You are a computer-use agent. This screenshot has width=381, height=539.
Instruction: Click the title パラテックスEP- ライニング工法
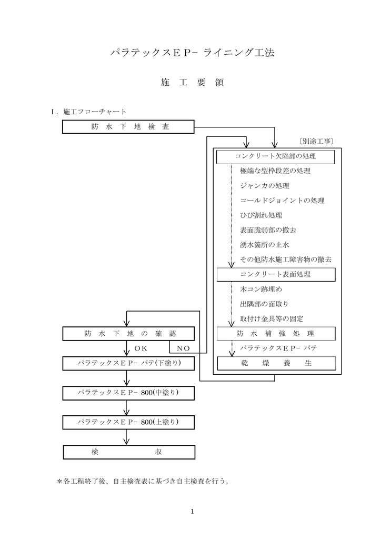coord(192,53)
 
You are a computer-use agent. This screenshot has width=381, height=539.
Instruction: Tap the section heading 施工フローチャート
coord(95,112)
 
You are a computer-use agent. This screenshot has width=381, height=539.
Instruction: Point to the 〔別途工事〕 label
coord(318,141)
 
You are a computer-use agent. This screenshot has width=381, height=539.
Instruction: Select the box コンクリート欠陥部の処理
coord(276,156)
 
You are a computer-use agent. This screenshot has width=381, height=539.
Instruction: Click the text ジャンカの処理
coord(264,186)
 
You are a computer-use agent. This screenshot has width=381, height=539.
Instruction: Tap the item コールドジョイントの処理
coord(282,201)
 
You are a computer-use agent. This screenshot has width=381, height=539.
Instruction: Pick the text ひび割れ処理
coord(261,215)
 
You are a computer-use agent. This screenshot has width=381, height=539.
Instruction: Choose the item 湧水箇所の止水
coord(264,245)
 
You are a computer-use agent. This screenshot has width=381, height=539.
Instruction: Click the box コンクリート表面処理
coord(276,274)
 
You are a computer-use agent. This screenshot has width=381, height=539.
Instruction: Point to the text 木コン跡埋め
coord(261,289)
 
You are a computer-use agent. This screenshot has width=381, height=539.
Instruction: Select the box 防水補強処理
coord(276,334)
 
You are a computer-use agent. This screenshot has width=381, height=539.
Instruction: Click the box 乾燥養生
coord(276,363)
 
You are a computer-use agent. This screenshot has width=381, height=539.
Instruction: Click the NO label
coord(183,348)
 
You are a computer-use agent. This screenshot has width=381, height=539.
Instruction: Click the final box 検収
coord(129,452)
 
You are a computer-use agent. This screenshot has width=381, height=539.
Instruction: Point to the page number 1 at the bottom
coord(193,511)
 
